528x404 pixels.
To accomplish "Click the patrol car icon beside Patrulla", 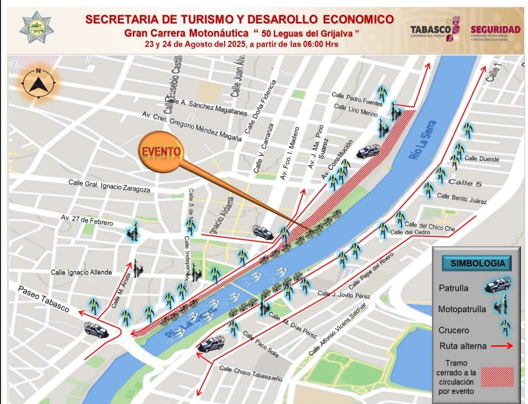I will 498,285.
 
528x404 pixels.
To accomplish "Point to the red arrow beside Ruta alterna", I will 503,346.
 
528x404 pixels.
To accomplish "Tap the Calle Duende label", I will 482,159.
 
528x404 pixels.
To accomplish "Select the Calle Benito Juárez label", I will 461,198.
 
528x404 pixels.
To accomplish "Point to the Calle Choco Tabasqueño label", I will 251,373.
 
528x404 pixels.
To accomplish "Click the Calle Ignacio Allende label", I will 81,273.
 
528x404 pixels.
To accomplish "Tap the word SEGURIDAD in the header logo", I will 495,30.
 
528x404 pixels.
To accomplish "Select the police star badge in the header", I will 37,27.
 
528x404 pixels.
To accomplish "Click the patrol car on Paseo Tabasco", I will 97,330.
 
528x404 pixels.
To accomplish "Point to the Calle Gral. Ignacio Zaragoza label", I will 109,185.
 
